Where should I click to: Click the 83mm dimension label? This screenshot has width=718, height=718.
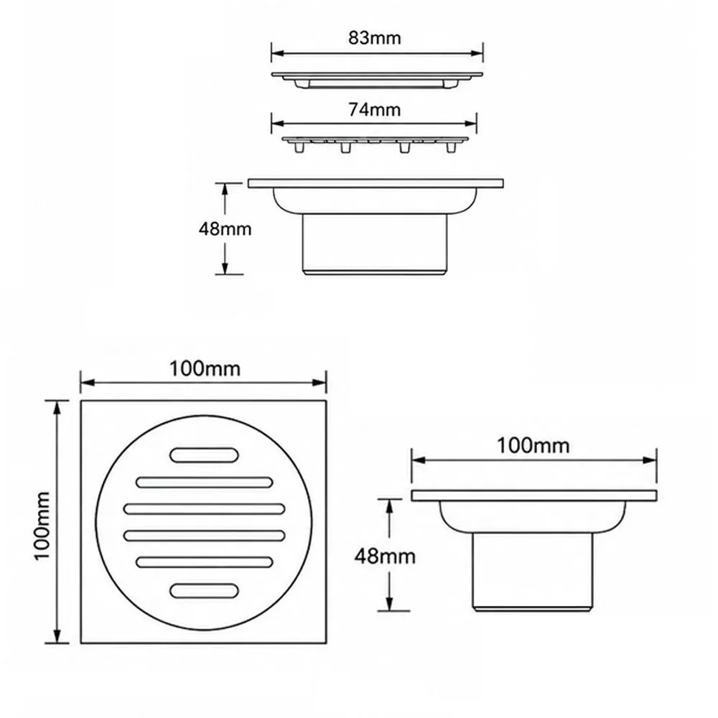(375, 37)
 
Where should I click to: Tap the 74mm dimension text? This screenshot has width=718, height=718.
(375, 109)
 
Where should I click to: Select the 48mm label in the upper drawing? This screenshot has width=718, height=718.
(225, 228)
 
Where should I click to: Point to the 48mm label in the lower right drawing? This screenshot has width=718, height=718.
(385, 556)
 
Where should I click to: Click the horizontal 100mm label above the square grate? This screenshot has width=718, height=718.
(205, 368)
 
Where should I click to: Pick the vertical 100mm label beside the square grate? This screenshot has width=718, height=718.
(42, 526)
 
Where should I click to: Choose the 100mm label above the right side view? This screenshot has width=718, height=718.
(533, 446)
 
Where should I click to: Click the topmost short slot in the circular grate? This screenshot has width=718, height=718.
(204, 454)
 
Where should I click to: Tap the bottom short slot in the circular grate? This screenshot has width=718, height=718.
(204, 591)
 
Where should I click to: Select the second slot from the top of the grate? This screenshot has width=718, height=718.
(204, 482)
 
